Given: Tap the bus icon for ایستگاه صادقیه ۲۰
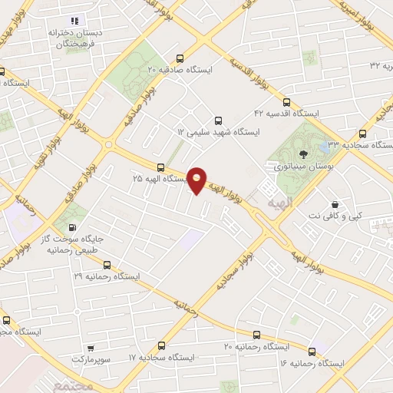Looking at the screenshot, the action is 180,58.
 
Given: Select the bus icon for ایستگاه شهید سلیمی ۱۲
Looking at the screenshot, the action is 218,121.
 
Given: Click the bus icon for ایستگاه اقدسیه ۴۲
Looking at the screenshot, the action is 286,102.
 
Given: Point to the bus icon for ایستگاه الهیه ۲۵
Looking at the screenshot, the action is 160,167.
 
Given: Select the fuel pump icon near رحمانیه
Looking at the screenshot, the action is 73,227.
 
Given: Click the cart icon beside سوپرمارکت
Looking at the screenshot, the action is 91,348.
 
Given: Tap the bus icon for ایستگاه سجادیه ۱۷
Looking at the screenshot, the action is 160,346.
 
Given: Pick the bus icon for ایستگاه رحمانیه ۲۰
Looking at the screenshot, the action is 256,335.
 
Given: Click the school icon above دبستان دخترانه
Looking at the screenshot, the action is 74,21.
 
